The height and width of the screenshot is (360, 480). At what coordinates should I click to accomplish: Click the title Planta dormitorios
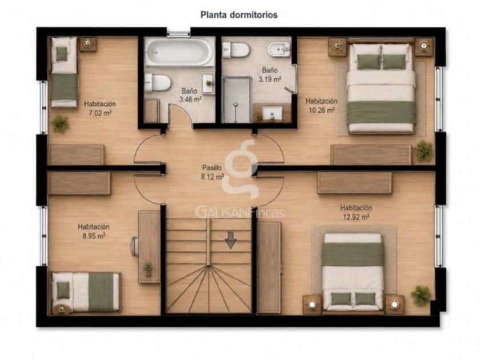239,15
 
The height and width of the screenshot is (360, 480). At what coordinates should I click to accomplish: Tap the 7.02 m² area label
100,113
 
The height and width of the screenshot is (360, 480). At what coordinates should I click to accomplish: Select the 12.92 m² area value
356,217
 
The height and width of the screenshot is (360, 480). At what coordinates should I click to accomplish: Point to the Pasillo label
212,167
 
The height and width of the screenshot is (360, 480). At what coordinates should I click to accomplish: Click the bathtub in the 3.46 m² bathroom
179,51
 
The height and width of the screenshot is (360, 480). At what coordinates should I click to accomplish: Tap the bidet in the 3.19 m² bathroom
279,50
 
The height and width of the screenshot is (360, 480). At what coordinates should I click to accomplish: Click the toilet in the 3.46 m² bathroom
157,83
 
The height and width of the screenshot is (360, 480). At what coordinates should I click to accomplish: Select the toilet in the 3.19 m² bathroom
235,50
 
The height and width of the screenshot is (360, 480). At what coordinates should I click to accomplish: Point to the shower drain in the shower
235,105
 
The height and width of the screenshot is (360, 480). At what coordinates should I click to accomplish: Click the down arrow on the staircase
230,239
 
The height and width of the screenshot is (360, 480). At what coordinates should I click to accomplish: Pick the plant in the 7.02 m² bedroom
61,123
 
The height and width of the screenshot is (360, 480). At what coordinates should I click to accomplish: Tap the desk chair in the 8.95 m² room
135,246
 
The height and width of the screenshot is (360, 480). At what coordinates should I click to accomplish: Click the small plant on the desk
148,269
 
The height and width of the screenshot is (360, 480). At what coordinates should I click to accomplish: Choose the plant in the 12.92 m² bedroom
421,295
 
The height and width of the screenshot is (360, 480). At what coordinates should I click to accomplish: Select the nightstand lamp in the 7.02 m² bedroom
88,43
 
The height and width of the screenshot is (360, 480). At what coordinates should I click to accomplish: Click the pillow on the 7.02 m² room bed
62,54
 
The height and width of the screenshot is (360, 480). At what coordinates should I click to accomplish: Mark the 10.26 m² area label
321,110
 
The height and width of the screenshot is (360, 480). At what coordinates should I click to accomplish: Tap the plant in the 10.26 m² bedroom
423,151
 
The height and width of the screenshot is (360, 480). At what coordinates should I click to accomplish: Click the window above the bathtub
178,33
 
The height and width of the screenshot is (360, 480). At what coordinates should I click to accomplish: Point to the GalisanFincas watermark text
240,213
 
